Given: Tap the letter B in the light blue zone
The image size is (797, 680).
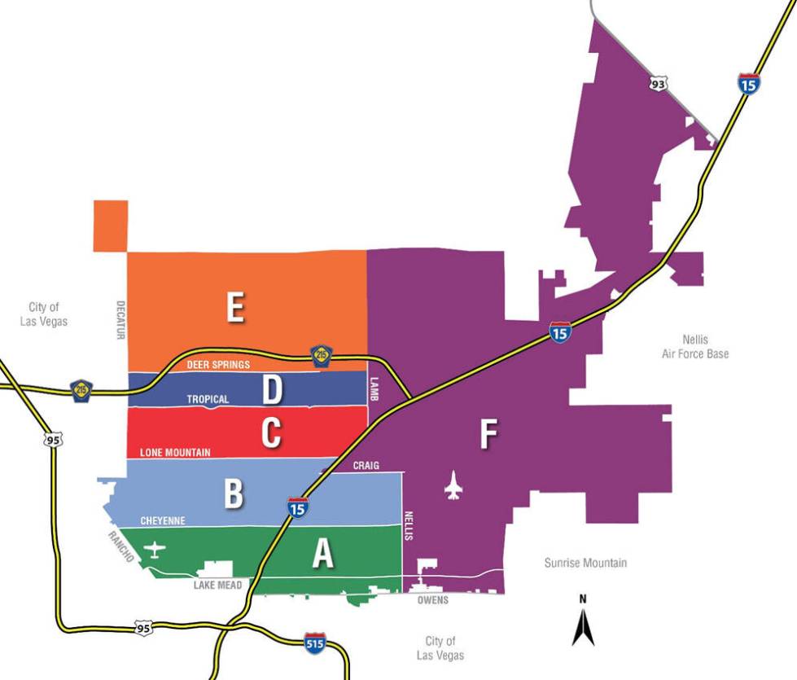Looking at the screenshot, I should [x=234, y=494].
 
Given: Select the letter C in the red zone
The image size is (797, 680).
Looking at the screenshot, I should [x=271, y=434].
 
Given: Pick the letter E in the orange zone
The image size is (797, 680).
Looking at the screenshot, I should [x=235, y=309].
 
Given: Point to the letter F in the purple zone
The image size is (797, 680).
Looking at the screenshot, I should [x=488, y=435].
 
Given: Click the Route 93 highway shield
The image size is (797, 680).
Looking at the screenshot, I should [x=659, y=83].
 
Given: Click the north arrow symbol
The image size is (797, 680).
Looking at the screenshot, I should [x=582, y=623].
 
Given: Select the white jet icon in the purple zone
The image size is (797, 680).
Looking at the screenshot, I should [x=453, y=486].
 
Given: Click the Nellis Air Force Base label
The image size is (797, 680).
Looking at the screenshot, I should [x=695, y=347].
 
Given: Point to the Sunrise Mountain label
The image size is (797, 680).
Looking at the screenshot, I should [x=585, y=563].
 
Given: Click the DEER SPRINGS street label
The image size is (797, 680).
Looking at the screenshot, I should [x=218, y=365].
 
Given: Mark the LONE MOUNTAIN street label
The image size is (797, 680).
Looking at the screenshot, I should [x=175, y=452].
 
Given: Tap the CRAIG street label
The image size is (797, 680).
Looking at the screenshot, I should [x=367, y=465].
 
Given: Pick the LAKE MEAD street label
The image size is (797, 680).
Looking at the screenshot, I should [x=218, y=585].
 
